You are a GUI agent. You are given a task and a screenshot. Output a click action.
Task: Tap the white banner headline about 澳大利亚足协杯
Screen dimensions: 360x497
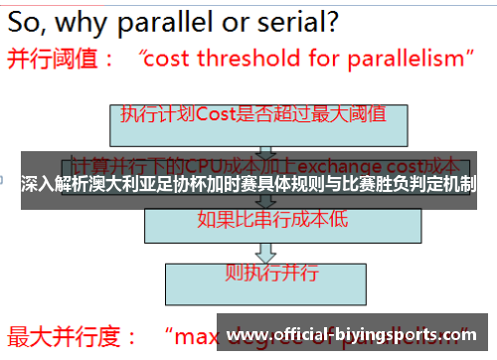pos(248,184)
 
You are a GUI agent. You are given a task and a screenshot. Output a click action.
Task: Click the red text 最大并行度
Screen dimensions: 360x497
pos(59,335)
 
